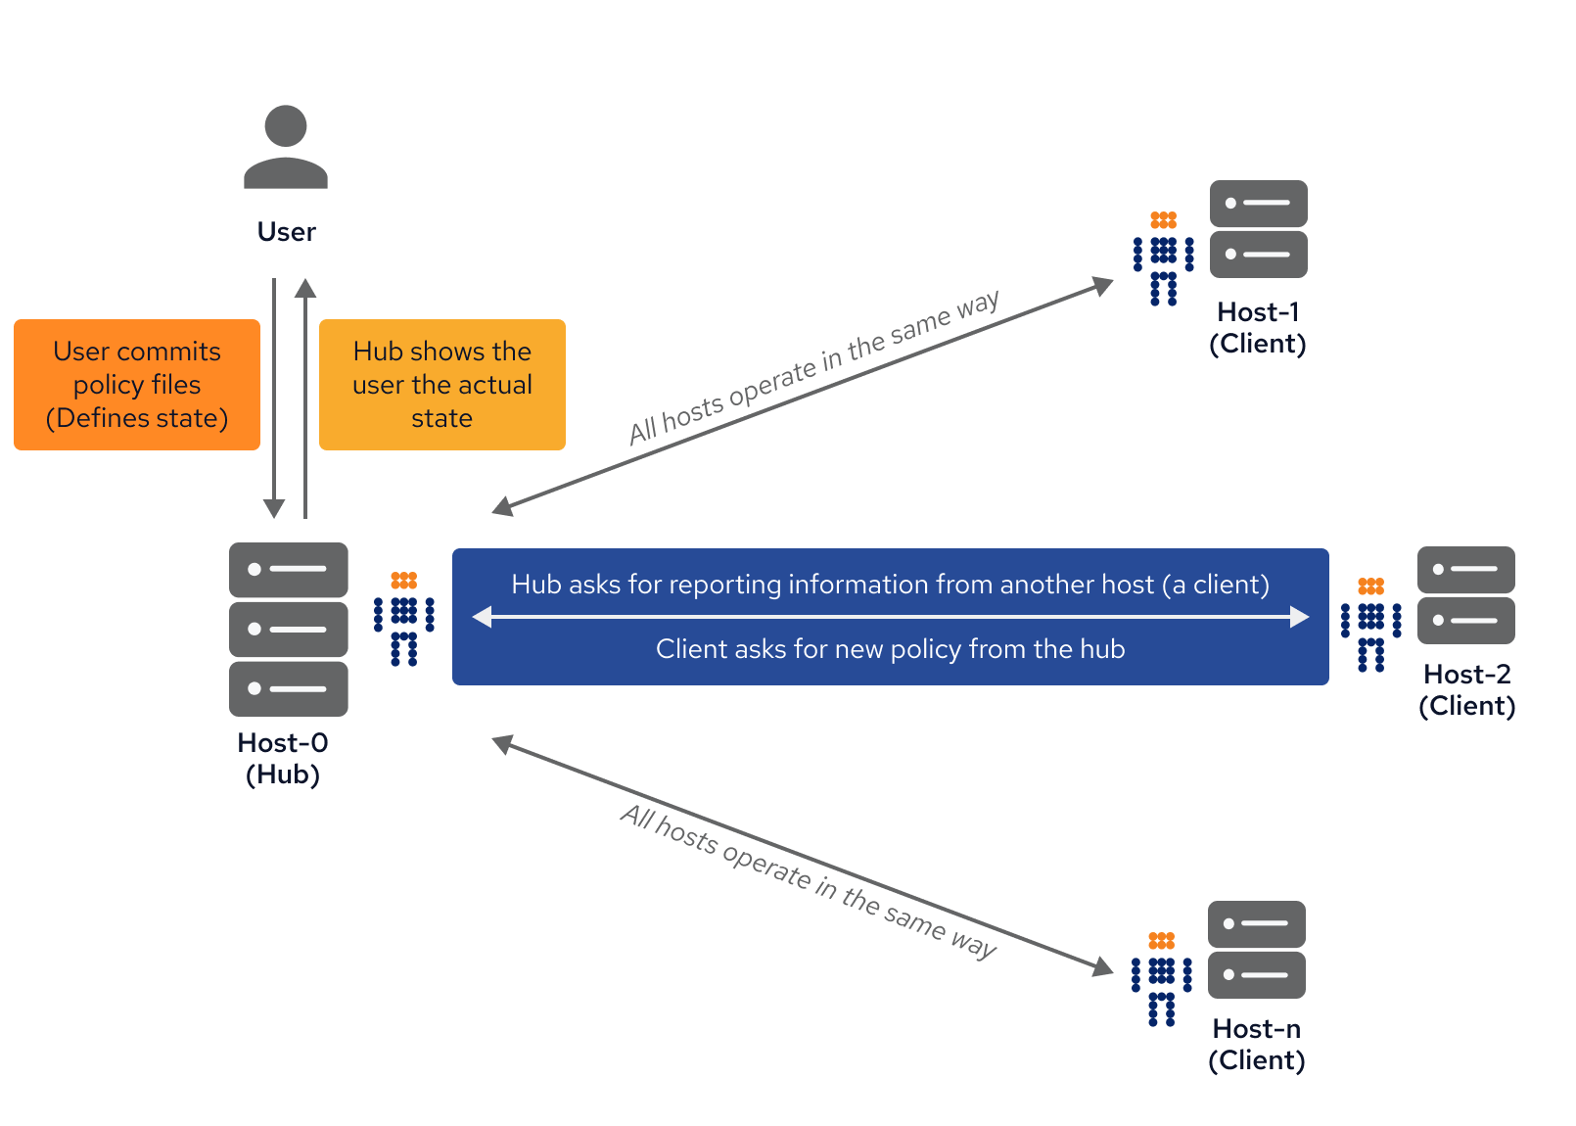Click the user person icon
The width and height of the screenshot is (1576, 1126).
coord(286,147)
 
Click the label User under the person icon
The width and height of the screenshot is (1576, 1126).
coord(286,232)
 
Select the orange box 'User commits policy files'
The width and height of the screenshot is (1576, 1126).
coord(137,385)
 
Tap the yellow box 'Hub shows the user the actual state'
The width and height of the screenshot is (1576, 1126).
coord(442,385)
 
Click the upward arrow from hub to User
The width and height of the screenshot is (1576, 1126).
coord(305,392)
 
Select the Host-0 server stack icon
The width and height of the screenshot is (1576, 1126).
coord(288,629)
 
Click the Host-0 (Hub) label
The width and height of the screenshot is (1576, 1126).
coord(283,759)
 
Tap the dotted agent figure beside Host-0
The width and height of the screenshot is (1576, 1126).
coord(403,619)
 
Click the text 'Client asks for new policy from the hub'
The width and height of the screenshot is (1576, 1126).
coord(890,649)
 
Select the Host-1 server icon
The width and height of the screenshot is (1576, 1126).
coord(1258,229)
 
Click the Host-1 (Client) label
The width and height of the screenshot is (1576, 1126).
coord(1258,328)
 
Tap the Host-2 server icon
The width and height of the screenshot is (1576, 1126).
coord(1465,594)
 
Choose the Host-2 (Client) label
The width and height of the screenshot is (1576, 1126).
coord(1466,690)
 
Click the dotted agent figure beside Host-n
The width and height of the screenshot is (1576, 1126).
coord(1161,979)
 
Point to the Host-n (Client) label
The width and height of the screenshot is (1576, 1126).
coord(1257,1045)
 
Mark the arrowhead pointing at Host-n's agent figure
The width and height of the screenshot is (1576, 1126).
coord(1104,967)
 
